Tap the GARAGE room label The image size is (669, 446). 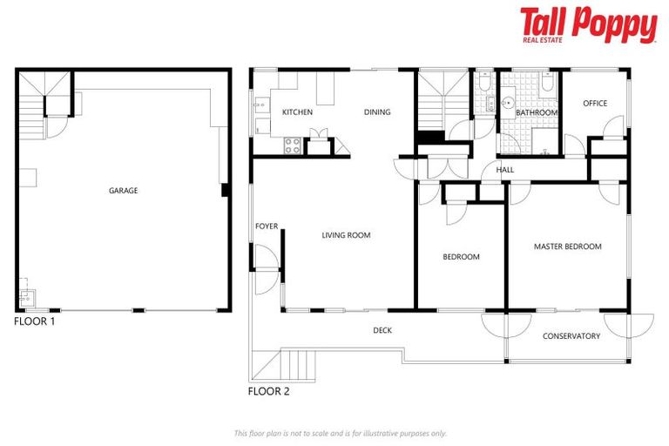(123, 191)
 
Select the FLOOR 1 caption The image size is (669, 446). (35, 321)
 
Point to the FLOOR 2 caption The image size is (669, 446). (268, 391)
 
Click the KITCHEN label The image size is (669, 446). (297, 112)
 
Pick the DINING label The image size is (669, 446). (377, 112)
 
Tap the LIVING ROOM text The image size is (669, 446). (346, 235)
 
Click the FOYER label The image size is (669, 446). (267, 226)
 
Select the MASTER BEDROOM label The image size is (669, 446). (567, 247)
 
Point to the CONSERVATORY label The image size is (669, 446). (571, 336)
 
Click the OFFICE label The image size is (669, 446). (595, 104)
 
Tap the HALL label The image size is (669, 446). (505, 170)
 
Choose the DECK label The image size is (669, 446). (382, 330)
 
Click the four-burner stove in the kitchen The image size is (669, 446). (292, 146)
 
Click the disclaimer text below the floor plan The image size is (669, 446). (341, 433)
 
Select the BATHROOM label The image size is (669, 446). (536, 113)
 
